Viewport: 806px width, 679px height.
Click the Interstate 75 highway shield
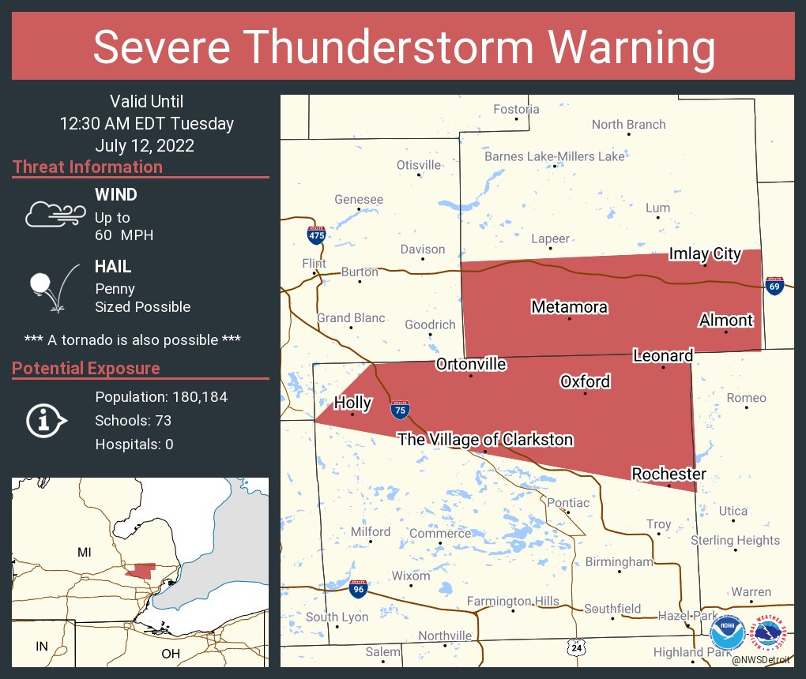(400, 409)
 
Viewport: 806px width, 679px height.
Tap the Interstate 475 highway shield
(316, 234)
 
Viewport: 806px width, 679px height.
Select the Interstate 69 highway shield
(774, 287)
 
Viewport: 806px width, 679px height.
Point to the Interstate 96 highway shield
(358, 588)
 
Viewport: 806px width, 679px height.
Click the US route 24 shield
(578, 647)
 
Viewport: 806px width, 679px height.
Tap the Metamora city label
(569, 306)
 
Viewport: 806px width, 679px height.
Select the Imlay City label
(705, 253)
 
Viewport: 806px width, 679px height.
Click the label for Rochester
(669, 474)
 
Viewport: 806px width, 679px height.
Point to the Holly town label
(352, 403)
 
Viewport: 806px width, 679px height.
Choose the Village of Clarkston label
(485, 440)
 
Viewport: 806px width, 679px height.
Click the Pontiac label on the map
(568, 503)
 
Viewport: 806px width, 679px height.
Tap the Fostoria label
(516, 109)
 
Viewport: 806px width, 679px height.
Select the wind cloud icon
(55, 213)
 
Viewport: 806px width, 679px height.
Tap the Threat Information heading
(88, 167)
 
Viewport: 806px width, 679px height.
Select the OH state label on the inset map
(170, 654)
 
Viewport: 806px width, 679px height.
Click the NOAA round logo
(727, 634)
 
